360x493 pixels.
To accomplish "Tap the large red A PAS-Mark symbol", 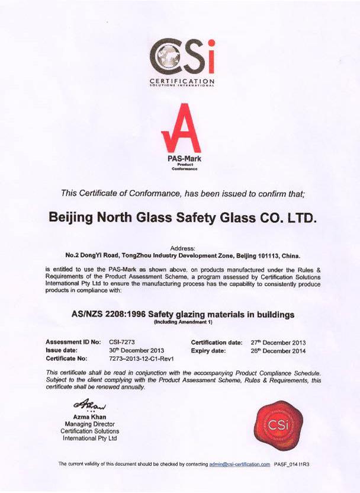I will coord(181,129).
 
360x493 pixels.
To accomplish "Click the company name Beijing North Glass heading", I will coord(182,217).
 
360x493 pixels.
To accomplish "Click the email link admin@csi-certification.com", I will coord(240,464).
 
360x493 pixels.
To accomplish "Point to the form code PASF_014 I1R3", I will coord(292,464).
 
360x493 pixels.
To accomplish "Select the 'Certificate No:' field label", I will coord(66,358).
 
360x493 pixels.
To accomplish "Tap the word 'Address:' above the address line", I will coord(182,249).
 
